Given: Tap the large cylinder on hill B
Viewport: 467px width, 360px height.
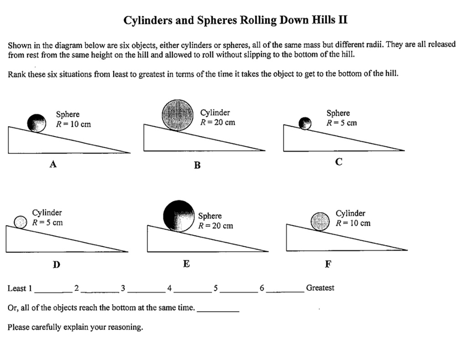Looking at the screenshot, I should point(178,115).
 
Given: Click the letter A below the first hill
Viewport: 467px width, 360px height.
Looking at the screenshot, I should point(53,165).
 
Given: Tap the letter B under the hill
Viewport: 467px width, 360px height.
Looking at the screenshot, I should point(197,165).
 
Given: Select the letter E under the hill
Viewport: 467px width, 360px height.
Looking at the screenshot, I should point(186,264).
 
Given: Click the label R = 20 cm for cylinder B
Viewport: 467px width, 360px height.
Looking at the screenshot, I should point(218,122).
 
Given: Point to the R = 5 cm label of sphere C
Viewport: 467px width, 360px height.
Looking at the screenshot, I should point(341,123).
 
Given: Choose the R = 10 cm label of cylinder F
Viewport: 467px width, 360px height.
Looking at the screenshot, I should point(353,223).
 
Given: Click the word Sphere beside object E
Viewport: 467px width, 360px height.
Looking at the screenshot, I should point(210,216).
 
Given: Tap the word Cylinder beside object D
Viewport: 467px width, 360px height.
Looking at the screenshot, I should point(47,213).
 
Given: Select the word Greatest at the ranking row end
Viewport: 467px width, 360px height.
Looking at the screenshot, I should point(320,288).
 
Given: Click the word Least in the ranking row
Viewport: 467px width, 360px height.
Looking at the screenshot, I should point(17,288).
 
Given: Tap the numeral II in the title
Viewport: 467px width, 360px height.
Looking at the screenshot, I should point(342,20).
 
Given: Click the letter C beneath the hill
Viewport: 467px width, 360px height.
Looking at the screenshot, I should point(338,162).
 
